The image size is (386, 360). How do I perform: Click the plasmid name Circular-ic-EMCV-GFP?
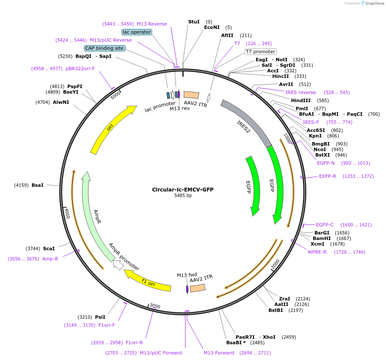183,189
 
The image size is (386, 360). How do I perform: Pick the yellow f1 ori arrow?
149,281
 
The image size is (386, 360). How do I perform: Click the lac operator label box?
136,32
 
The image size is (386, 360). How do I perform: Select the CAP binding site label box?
104,48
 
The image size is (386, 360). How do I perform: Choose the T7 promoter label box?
260,51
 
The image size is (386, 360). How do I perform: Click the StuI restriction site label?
194,22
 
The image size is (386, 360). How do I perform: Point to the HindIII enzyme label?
301,100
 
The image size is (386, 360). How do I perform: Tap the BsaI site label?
37,185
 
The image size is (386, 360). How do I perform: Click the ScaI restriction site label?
49,249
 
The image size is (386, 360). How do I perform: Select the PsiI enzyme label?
100,317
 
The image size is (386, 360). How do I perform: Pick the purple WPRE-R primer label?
317,252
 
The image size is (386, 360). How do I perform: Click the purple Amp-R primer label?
50,259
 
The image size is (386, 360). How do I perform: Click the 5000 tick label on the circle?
116,95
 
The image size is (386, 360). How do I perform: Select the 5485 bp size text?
183,196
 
